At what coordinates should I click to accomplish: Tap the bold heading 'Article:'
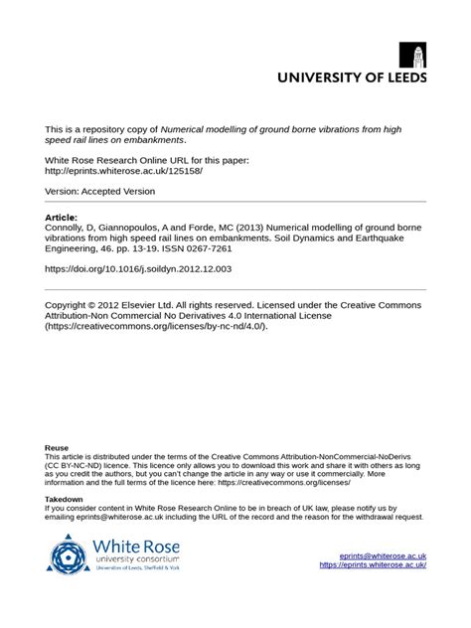click(x=62, y=216)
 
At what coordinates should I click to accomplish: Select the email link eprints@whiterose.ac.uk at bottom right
click(x=383, y=556)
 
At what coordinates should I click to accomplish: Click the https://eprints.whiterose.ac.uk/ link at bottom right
click(x=373, y=565)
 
